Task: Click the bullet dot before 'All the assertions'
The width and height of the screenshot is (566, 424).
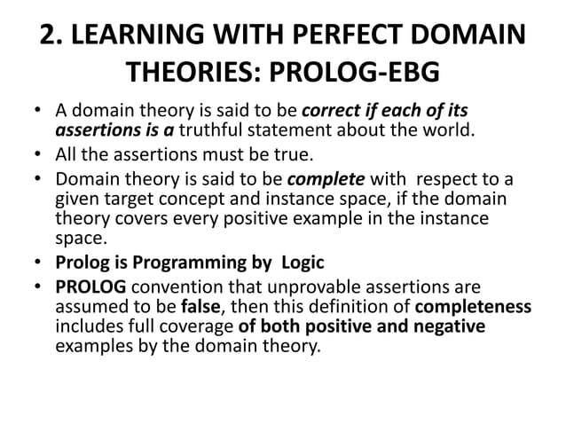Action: click(x=41, y=156)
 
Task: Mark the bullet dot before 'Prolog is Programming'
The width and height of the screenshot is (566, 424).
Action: click(x=41, y=263)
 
